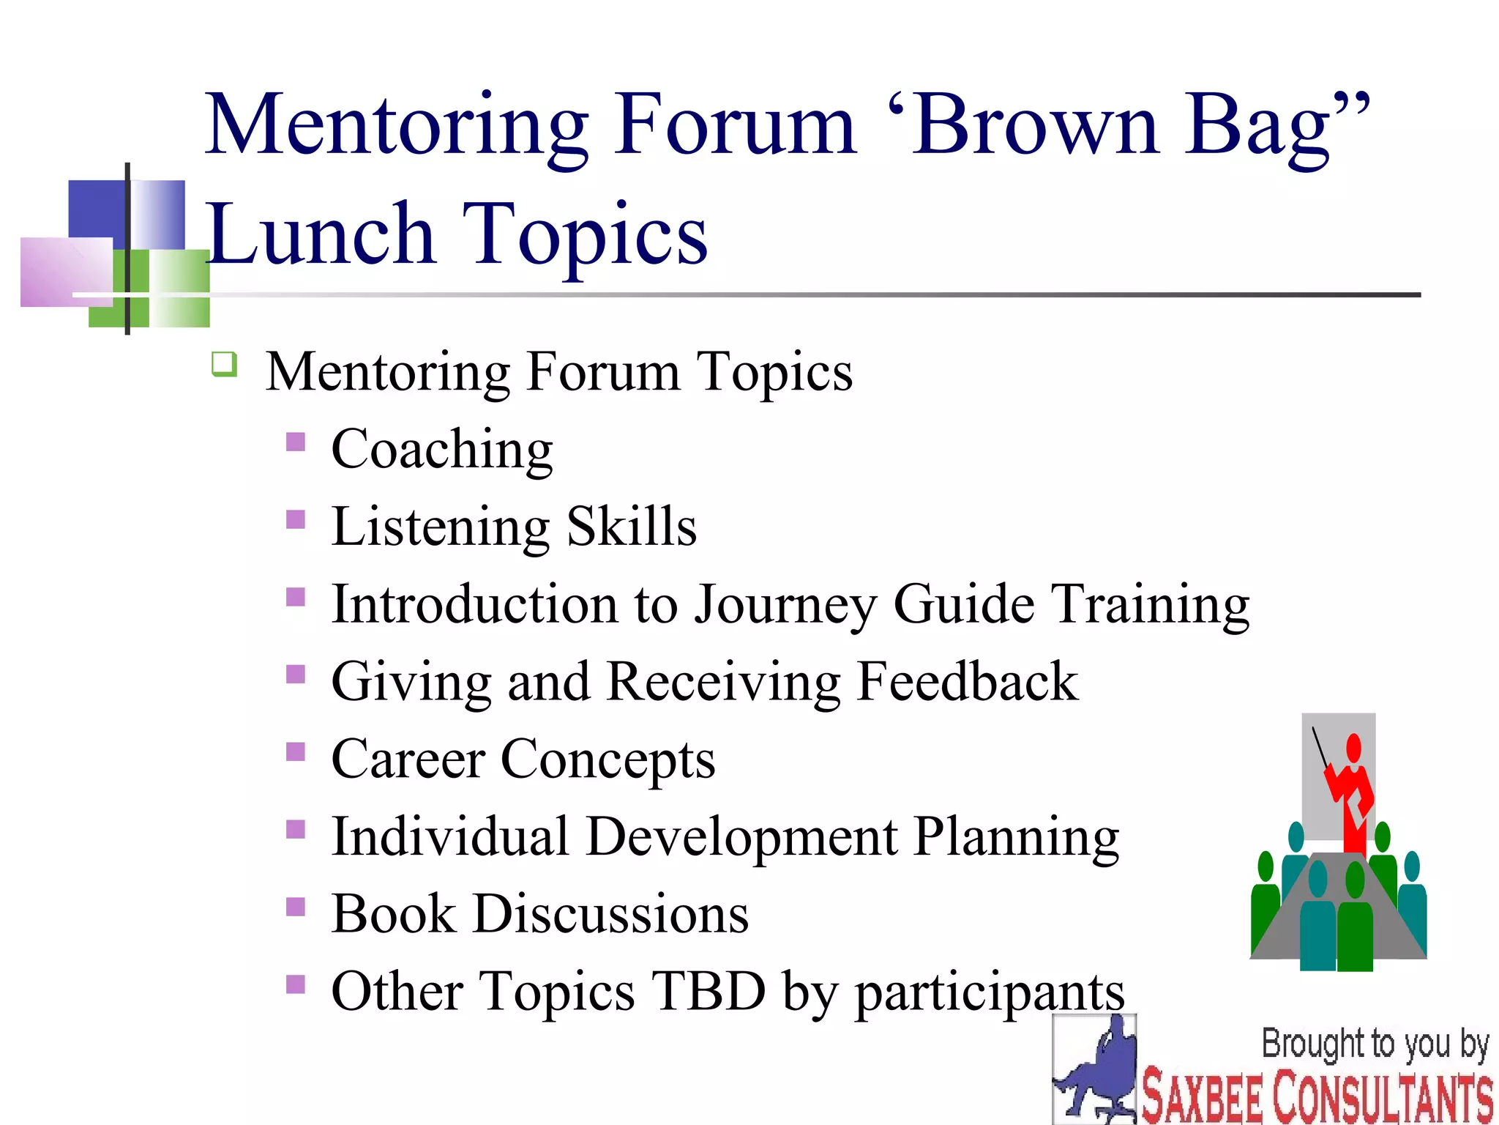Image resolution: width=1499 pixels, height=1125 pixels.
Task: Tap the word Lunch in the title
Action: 322,234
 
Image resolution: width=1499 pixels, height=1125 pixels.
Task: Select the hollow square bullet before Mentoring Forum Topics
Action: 224,364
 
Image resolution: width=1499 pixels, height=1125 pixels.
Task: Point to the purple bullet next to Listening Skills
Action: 296,519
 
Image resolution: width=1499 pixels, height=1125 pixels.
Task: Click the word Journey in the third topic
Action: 785,605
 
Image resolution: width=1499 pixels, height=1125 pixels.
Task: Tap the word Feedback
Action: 966,681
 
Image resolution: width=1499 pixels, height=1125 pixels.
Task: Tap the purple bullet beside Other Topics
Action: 296,984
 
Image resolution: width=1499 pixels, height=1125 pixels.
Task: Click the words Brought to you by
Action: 1375,1044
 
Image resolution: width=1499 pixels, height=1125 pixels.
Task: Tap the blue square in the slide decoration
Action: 97,209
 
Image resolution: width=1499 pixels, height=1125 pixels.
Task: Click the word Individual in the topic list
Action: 449,836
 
